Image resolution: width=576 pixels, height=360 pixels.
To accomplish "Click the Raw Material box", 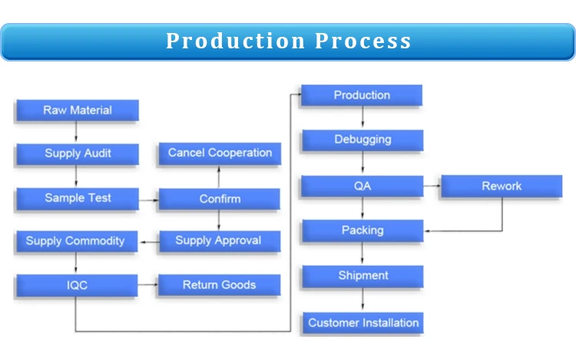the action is point(78,110).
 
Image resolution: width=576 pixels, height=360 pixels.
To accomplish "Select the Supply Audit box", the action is point(78,154).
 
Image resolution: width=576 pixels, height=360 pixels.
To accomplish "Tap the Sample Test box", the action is point(78,199).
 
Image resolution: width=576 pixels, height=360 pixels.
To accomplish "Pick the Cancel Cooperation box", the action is point(220,154).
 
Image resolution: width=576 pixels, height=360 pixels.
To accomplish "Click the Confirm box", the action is point(220,199).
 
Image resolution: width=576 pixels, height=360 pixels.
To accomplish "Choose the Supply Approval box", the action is point(220,241).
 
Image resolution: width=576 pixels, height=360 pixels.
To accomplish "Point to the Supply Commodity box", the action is point(77,242).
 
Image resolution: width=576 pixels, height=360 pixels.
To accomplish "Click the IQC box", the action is point(77,285).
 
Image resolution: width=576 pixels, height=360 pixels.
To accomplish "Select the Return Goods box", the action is point(220,285).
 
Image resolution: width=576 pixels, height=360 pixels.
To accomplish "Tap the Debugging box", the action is point(362,140).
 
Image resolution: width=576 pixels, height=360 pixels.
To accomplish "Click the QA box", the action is point(362,186).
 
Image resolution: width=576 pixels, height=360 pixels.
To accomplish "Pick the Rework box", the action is point(502,186).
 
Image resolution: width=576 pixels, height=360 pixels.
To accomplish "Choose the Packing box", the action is point(362,231).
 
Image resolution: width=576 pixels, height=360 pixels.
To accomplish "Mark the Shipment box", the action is point(362,276).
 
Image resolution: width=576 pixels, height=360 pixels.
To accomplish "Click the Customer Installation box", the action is point(363,323).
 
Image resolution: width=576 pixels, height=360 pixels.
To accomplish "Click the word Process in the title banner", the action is point(363,41).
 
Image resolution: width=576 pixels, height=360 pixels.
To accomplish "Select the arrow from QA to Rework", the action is point(432,186).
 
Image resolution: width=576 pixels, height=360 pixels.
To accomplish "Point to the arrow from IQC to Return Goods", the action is point(148,285).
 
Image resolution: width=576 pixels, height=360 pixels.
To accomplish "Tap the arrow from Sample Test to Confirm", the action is point(149,200).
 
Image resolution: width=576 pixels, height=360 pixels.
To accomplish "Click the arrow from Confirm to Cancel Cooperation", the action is point(219,177).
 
